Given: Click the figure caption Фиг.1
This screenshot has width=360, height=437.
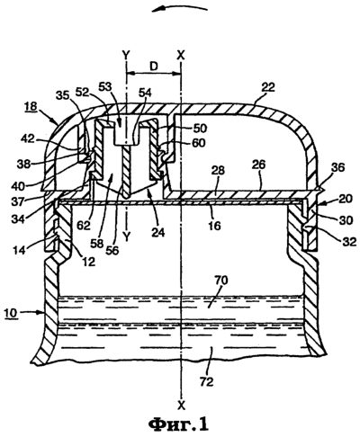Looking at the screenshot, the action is (x=178, y=424).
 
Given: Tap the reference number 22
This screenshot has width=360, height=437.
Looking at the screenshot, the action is (x=268, y=87).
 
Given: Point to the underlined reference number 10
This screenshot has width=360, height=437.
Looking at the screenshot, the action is (x=11, y=313).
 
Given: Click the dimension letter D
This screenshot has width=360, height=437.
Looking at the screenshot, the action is (x=154, y=67).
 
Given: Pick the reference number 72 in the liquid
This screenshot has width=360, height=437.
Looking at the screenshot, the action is (x=206, y=381).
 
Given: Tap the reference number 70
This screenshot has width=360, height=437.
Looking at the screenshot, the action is (x=221, y=281).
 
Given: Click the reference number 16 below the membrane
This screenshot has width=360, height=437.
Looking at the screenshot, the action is (x=214, y=225).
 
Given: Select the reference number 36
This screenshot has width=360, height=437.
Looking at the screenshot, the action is (x=337, y=167).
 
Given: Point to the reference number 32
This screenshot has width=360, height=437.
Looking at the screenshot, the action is (x=348, y=241).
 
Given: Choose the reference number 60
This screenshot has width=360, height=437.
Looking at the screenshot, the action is (x=199, y=143).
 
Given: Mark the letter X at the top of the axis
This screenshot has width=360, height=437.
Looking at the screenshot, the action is (x=181, y=55).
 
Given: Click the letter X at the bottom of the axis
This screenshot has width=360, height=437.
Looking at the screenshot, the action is (x=181, y=406).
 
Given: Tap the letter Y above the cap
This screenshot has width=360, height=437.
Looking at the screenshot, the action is (x=127, y=55).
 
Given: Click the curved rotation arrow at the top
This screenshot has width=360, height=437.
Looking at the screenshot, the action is (x=179, y=8).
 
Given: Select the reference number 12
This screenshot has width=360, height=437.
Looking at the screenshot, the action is (x=89, y=262).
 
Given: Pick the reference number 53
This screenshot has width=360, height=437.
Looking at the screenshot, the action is (x=105, y=87).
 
